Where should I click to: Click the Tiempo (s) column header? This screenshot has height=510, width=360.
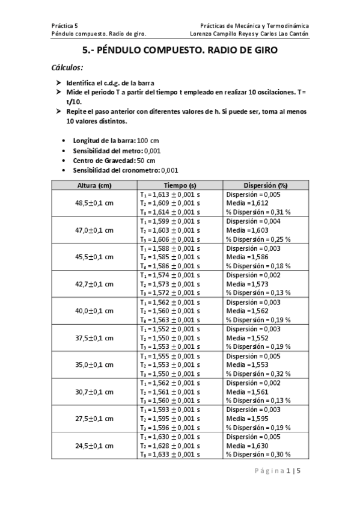(x=180, y=185)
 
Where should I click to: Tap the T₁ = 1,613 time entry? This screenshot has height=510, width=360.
(x=169, y=194)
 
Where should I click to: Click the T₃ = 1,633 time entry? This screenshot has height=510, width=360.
(x=169, y=455)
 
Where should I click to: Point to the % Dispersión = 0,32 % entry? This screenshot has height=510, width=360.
(x=258, y=373)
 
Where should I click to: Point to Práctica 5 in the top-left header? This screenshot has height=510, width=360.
(x=65, y=26)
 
